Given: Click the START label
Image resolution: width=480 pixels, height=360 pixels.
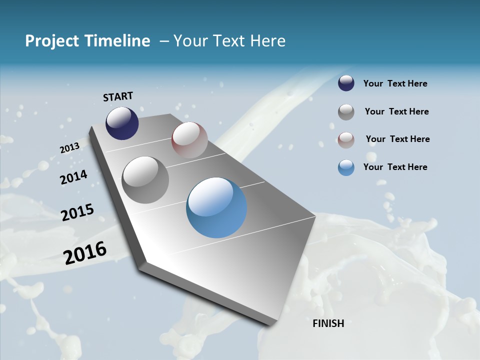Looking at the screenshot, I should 118,96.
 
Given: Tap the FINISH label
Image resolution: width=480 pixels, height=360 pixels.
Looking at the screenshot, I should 328,323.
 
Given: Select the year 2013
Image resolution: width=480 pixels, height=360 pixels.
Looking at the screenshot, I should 70,148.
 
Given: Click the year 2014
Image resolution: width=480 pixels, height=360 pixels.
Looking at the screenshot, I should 74,177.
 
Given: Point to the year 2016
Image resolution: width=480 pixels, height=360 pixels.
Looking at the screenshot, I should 85,253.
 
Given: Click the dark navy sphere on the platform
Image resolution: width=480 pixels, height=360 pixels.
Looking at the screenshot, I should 122,123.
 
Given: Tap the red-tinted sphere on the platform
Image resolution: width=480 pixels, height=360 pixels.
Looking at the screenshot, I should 189,140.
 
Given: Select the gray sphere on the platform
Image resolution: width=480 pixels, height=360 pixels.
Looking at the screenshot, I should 145,180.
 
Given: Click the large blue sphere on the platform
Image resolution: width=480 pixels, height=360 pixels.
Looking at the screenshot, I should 216,207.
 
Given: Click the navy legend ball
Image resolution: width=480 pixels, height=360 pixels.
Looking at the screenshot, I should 346,83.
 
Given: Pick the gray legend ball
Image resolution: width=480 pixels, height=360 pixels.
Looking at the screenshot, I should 346,112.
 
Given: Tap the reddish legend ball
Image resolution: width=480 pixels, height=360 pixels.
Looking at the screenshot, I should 346,140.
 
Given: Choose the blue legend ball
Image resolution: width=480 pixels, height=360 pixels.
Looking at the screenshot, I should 346,168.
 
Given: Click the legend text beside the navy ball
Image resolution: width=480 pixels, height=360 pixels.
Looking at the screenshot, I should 395,84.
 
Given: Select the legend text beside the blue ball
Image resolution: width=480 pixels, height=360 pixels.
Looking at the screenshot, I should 395,167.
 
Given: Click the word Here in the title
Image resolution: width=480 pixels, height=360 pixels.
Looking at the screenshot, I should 267,41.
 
